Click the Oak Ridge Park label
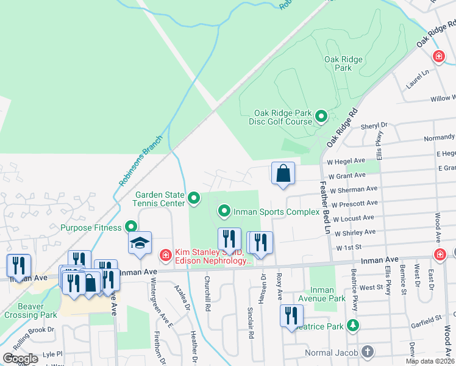coord(338,63)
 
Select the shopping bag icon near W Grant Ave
coord(283,174)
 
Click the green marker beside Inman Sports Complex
coord(224,212)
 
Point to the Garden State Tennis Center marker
coord(194,198)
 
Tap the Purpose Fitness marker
coord(131,227)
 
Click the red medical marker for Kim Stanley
coord(165,254)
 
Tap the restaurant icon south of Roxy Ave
coord(291,315)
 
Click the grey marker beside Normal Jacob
coord(367,351)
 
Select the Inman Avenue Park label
coord(322,295)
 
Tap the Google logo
coord(20,359)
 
